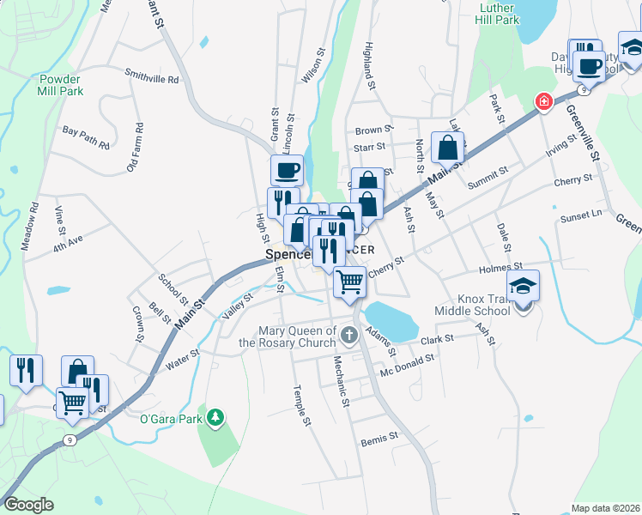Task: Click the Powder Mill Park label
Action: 60,84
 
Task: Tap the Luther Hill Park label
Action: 498,14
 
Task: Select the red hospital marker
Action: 542,102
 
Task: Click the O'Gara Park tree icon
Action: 217,419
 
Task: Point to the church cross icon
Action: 348,334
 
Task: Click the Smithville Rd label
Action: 151,78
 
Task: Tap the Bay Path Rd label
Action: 86,137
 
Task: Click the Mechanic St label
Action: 341,381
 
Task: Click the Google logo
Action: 29,505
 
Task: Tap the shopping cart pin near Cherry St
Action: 349,282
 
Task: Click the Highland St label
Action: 370,65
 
